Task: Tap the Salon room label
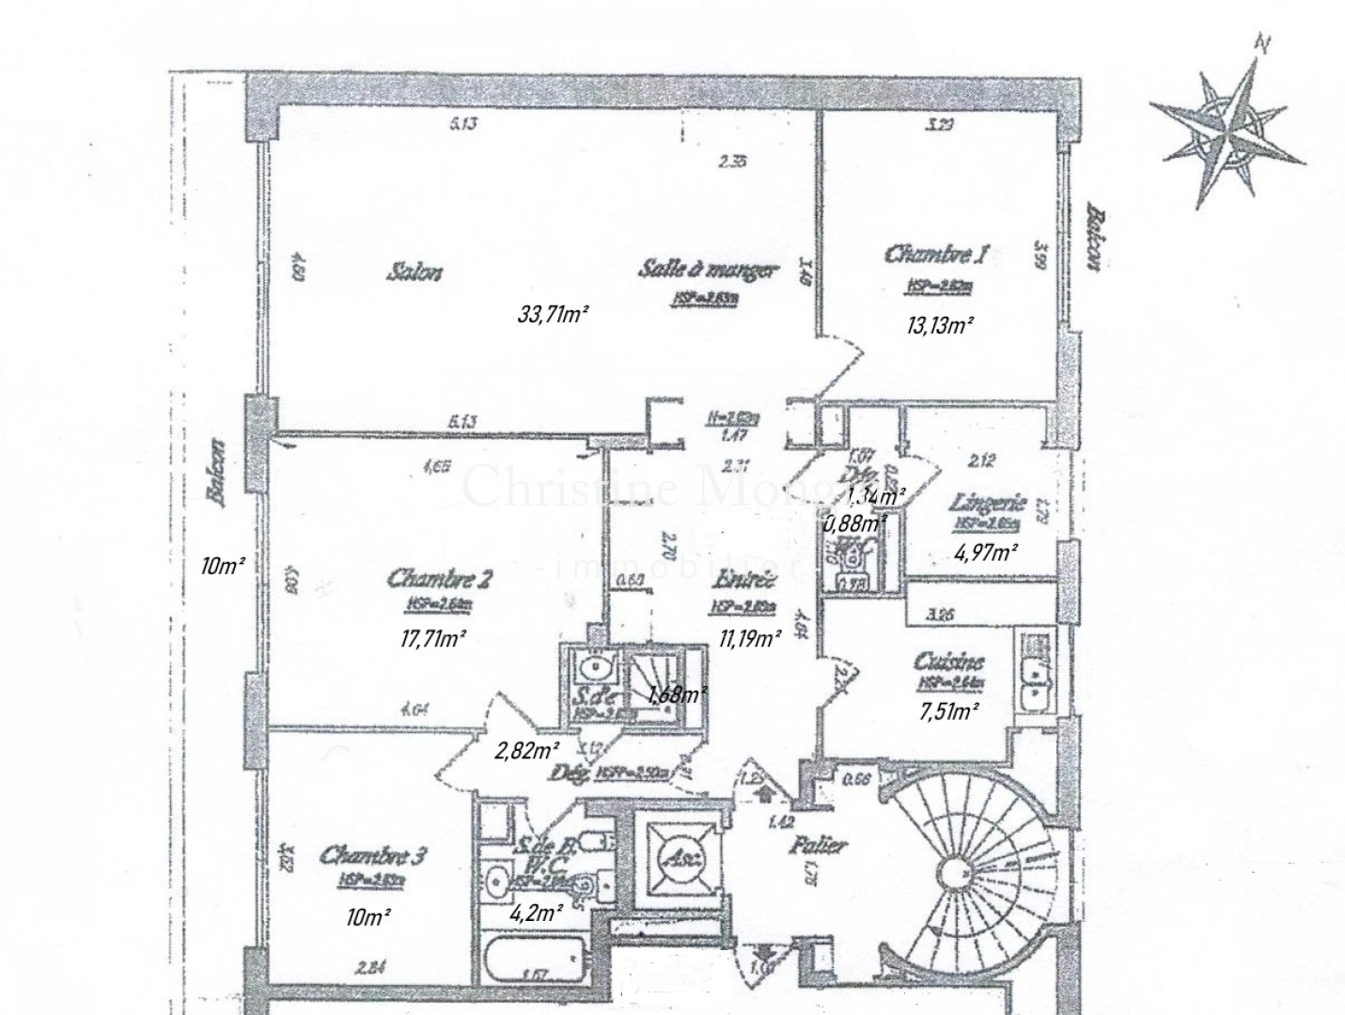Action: [414, 273]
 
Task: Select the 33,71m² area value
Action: [553, 315]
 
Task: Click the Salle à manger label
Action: [709, 270]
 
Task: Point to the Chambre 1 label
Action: [937, 254]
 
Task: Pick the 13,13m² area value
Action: [940, 326]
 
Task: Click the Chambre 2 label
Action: [440, 577]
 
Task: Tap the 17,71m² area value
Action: [433, 639]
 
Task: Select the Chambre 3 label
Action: [373, 855]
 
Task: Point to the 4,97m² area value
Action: [986, 553]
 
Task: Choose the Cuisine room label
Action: [949, 662]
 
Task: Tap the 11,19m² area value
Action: [750, 640]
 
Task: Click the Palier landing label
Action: [818, 845]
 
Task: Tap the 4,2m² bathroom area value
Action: [537, 911]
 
